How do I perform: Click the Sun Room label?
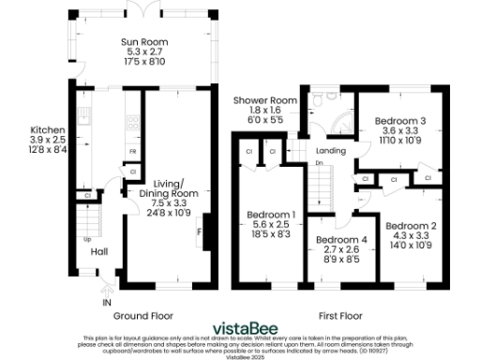coord(143,42)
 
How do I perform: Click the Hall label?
coord(99,251)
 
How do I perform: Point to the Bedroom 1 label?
coord(272,215)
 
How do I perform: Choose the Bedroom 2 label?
coord(412,225)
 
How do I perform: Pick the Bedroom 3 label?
coord(400,121)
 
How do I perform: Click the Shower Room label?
coord(259,100)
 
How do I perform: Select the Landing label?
coord(332,150)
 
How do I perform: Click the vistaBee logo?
coord(244,327)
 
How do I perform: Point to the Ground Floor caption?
coord(142,316)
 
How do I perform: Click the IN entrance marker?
coord(107,303)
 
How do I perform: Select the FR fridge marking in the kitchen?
coord(132,150)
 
